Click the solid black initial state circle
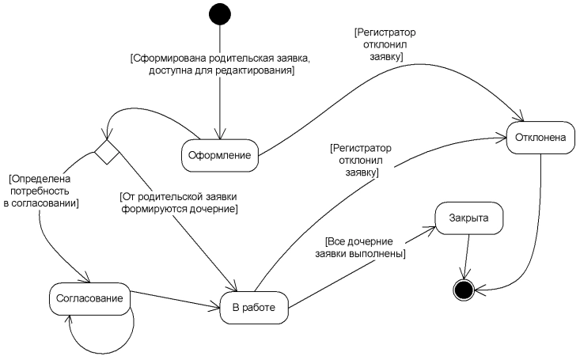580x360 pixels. [x=219, y=15]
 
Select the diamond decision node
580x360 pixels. [x=107, y=150]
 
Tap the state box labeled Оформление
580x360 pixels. [x=221, y=156]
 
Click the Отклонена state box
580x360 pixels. [x=540, y=138]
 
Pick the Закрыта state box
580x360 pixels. [x=468, y=217]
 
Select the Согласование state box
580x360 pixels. [x=89, y=298]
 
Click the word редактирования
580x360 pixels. [x=254, y=71]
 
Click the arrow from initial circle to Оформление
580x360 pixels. [x=220, y=103]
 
